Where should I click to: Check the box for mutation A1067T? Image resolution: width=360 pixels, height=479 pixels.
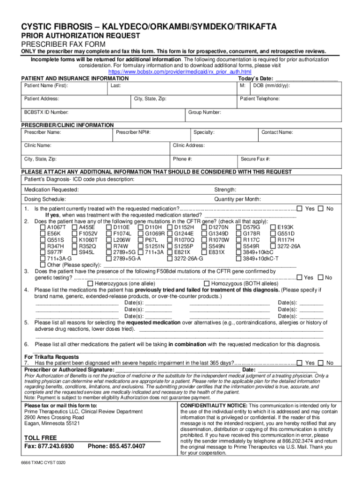coord(43,227)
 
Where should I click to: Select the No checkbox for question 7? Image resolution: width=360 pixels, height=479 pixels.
coord(320,363)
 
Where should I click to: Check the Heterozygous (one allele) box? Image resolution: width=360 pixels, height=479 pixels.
coord(91,283)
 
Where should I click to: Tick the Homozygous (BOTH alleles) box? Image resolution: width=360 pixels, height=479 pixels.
coord(207,283)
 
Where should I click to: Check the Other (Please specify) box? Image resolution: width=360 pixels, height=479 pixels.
coord(43,264)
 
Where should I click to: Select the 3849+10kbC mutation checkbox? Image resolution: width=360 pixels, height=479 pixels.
coord(238,252)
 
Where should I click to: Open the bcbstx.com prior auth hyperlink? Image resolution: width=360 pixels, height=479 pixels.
coord(180,72)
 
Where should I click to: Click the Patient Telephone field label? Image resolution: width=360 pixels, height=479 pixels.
coord(259,99)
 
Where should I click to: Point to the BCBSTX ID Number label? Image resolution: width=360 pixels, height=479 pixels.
coord(46,112)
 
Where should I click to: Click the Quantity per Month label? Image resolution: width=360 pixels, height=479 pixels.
coord(238,199)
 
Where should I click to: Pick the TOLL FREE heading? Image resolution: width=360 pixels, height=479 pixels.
coord(40,437)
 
